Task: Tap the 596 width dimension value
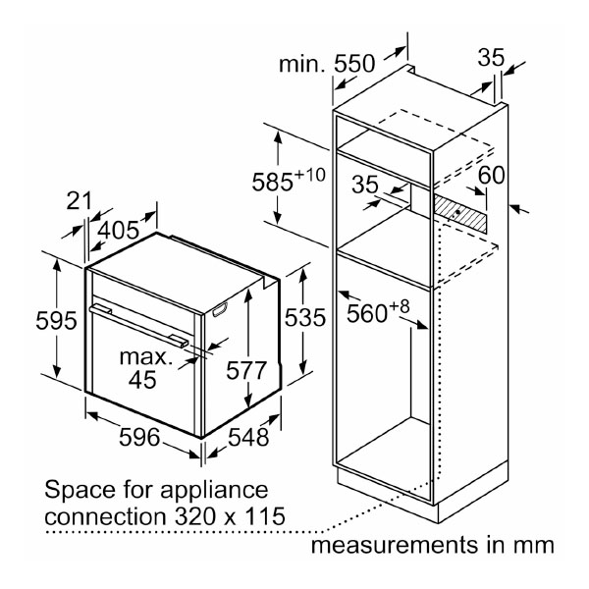click(138, 438)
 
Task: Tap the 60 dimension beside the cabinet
click(492, 177)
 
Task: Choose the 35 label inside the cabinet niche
click(365, 184)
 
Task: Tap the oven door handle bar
click(137, 323)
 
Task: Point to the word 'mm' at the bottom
click(534, 543)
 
